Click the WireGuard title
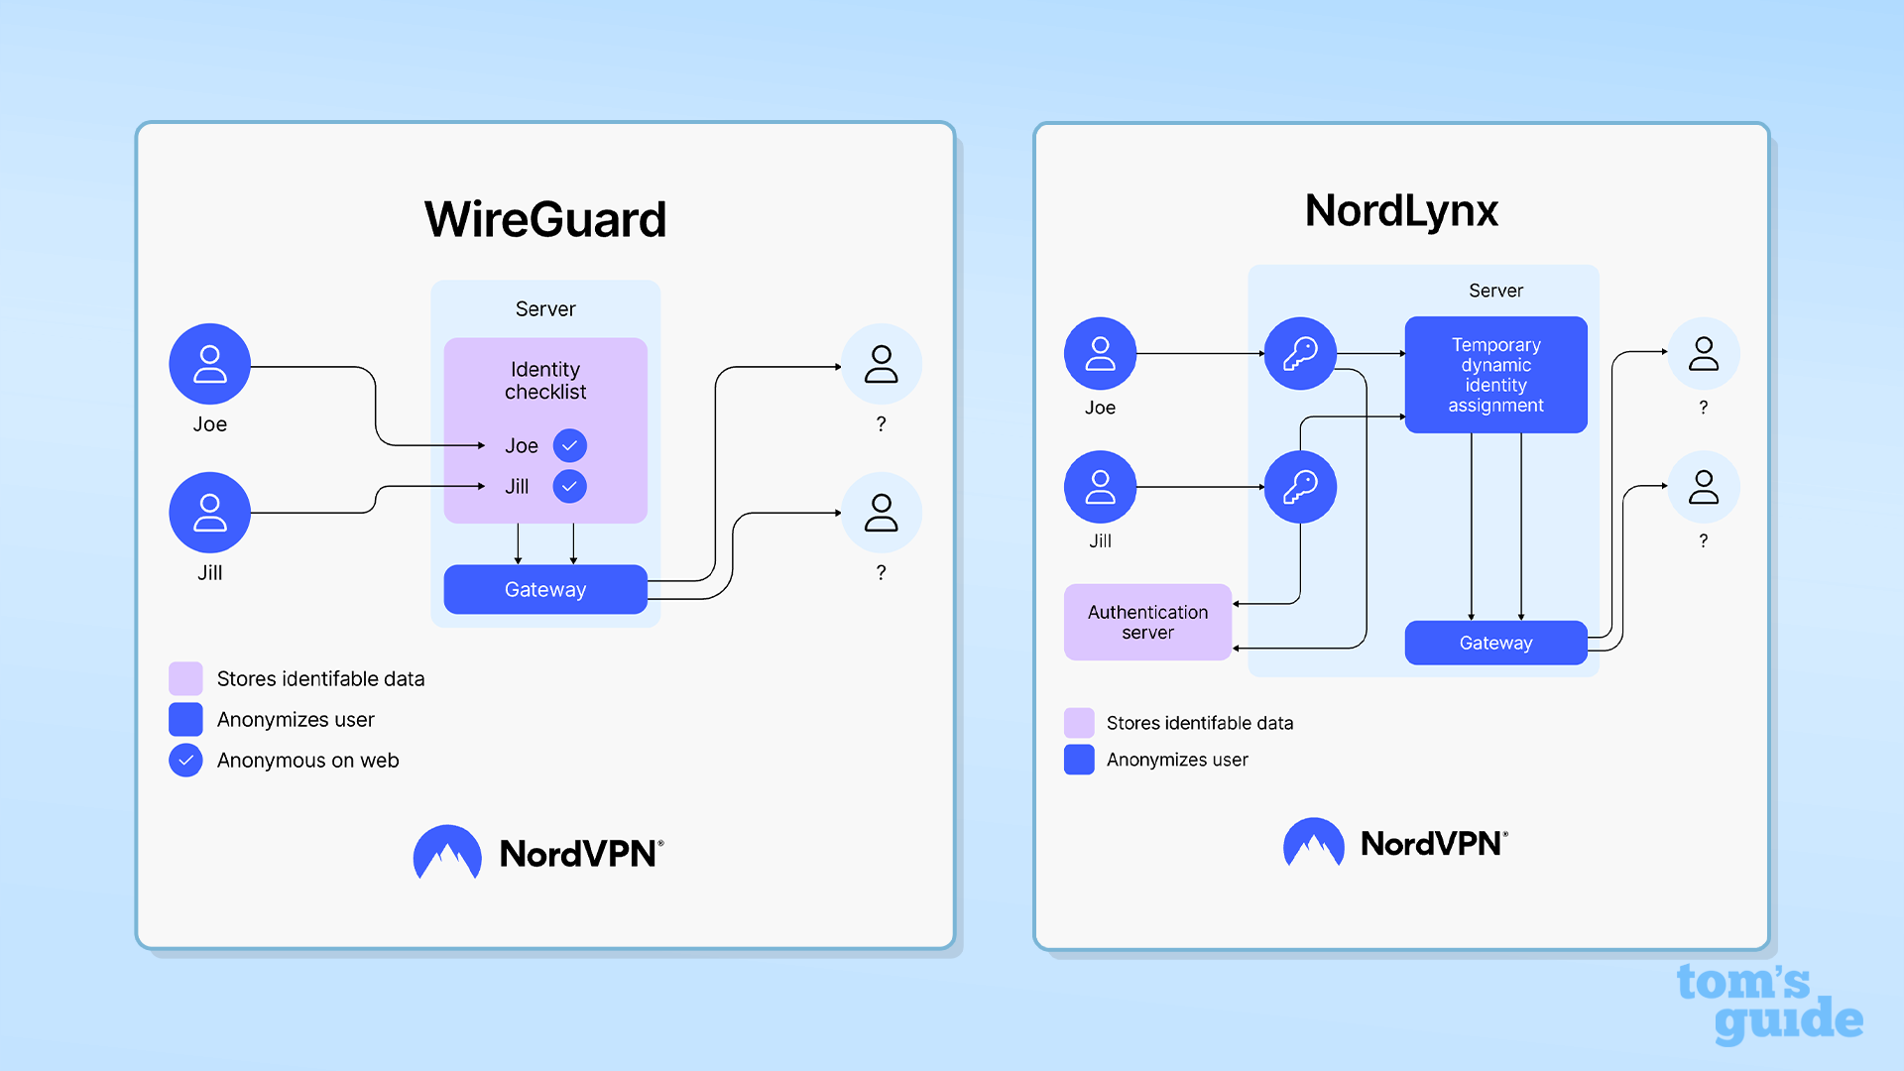pos(545,219)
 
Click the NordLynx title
pos(1401,210)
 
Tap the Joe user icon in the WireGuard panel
pos(209,364)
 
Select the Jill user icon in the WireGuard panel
pos(209,513)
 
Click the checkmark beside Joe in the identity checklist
pos(570,445)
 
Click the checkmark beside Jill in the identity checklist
pos(570,486)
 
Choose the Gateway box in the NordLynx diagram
pos(1495,643)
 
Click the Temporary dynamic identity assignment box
pos(1495,375)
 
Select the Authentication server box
pos(1147,622)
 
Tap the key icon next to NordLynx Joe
pos(1300,353)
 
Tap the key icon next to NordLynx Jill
pos(1300,487)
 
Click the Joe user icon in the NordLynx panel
pos(1100,353)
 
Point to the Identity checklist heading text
pos(545,381)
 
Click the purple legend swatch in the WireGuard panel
pos(185,678)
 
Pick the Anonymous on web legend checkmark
pos(185,760)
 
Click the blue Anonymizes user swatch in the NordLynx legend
pos(1079,760)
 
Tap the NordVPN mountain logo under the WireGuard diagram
pos(447,853)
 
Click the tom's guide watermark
pos(1768,1003)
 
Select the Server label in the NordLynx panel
pos(1495,291)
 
